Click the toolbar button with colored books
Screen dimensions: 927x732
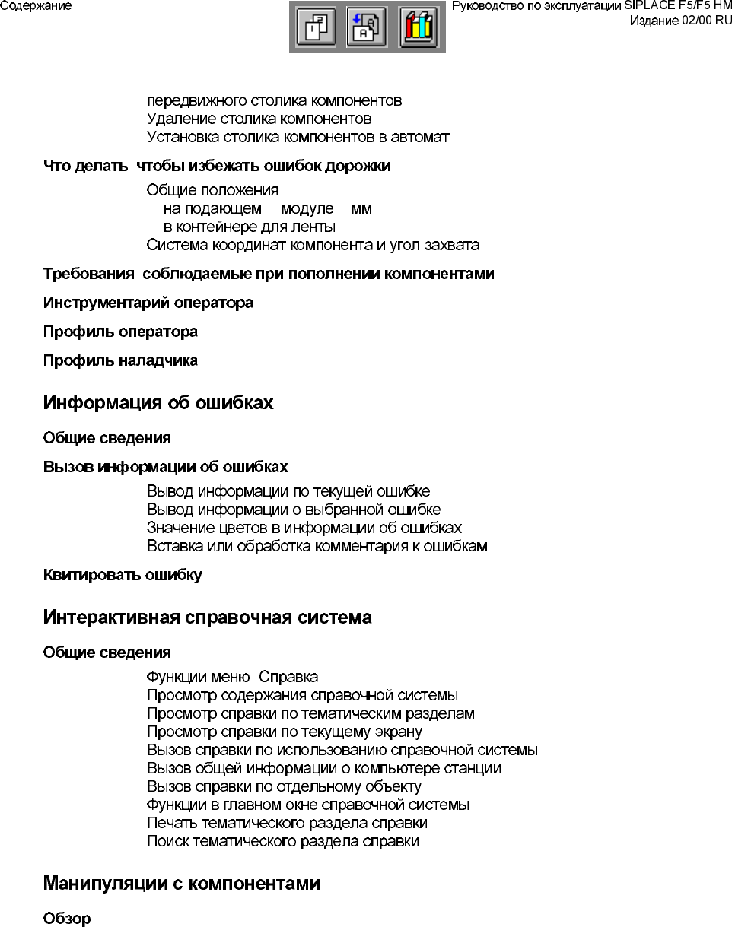click(x=419, y=28)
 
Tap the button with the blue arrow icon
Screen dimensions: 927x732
click(x=367, y=28)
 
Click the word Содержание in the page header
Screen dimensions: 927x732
click(x=37, y=6)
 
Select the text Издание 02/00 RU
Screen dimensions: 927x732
click(x=680, y=21)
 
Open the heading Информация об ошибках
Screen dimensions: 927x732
click(x=158, y=403)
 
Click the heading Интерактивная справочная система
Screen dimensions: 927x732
click(x=207, y=617)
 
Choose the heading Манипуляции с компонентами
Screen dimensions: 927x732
click(x=181, y=884)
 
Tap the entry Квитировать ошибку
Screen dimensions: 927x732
click(x=123, y=575)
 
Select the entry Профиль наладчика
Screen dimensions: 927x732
click(x=120, y=360)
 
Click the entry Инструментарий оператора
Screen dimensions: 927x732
click(x=148, y=303)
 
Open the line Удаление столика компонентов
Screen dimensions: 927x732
click(x=259, y=119)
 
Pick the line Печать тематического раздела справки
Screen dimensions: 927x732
click(x=287, y=823)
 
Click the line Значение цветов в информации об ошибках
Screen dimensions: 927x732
click(x=304, y=528)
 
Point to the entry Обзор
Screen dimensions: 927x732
click(x=67, y=919)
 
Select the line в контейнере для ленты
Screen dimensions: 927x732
click(x=250, y=227)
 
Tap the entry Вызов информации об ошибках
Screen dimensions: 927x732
click(x=165, y=467)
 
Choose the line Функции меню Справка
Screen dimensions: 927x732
click(x=232, y=677)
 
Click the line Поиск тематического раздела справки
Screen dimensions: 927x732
click(x=282, y=841)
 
